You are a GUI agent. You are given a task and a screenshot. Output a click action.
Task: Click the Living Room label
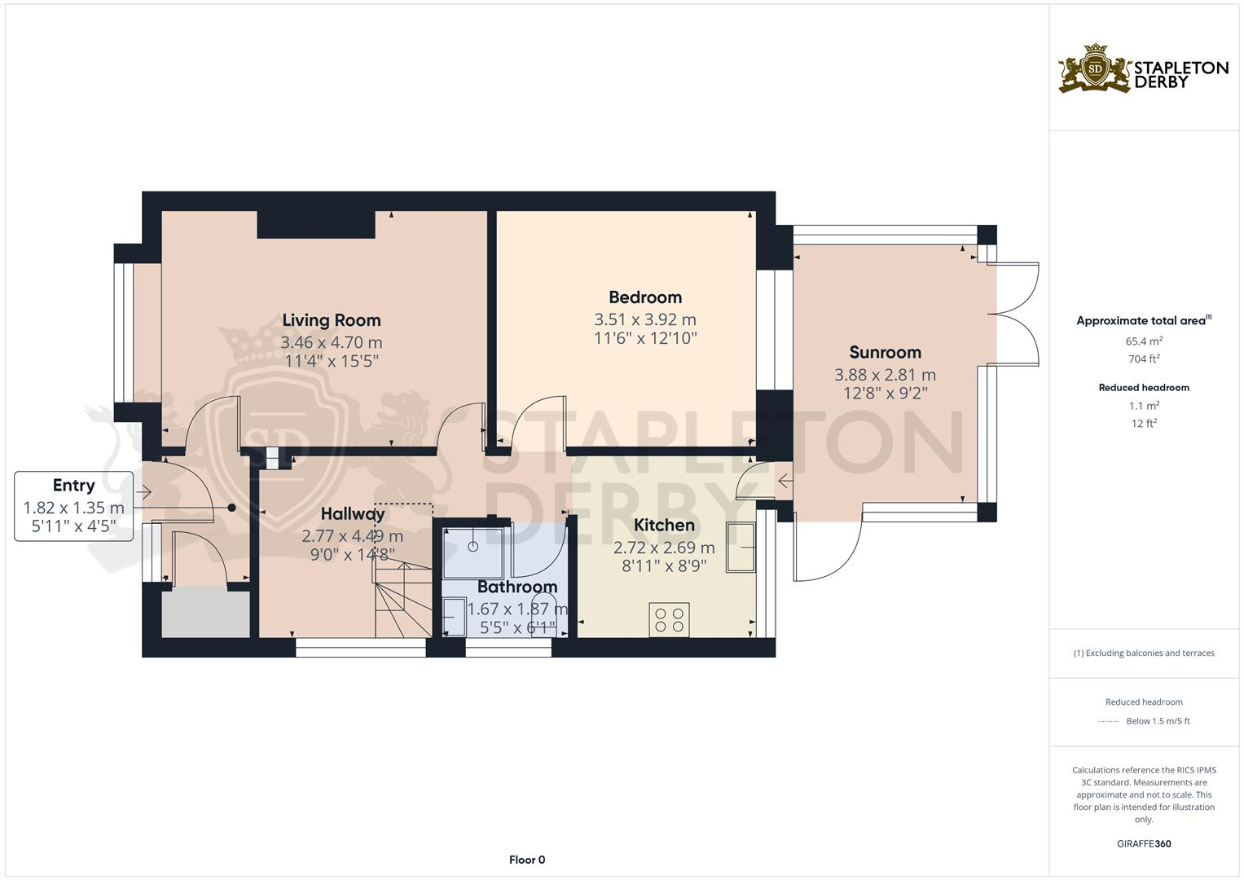click(331, 320)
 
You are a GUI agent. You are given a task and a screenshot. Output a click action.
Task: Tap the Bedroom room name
click(644, 297)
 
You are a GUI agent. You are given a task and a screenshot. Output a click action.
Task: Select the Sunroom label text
click(885, 352)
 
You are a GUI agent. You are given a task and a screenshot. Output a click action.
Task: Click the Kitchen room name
click(664, 525)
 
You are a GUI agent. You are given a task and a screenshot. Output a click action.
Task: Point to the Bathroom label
click(517, 587)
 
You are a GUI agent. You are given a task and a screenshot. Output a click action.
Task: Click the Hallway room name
click(352, 514)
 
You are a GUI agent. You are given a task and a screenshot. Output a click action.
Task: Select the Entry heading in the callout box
click(73, 486)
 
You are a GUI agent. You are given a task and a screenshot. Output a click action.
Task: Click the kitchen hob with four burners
click(669, 619)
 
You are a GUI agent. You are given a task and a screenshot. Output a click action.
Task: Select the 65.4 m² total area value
click(1144, 341)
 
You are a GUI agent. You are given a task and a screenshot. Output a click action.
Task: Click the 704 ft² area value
click(1144, 359)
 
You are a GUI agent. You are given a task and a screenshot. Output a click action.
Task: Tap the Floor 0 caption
click(526, 860)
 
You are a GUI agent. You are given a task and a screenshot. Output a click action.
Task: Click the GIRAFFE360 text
click(1143, 843)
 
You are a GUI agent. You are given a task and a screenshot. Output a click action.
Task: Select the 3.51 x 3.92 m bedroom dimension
click(644, 319)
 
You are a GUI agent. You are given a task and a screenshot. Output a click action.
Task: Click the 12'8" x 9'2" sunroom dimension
click(885, 393)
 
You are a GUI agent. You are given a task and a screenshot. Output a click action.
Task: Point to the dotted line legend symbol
click(1109, 721)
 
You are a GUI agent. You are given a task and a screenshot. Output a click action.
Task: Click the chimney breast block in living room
click(315, 224)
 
